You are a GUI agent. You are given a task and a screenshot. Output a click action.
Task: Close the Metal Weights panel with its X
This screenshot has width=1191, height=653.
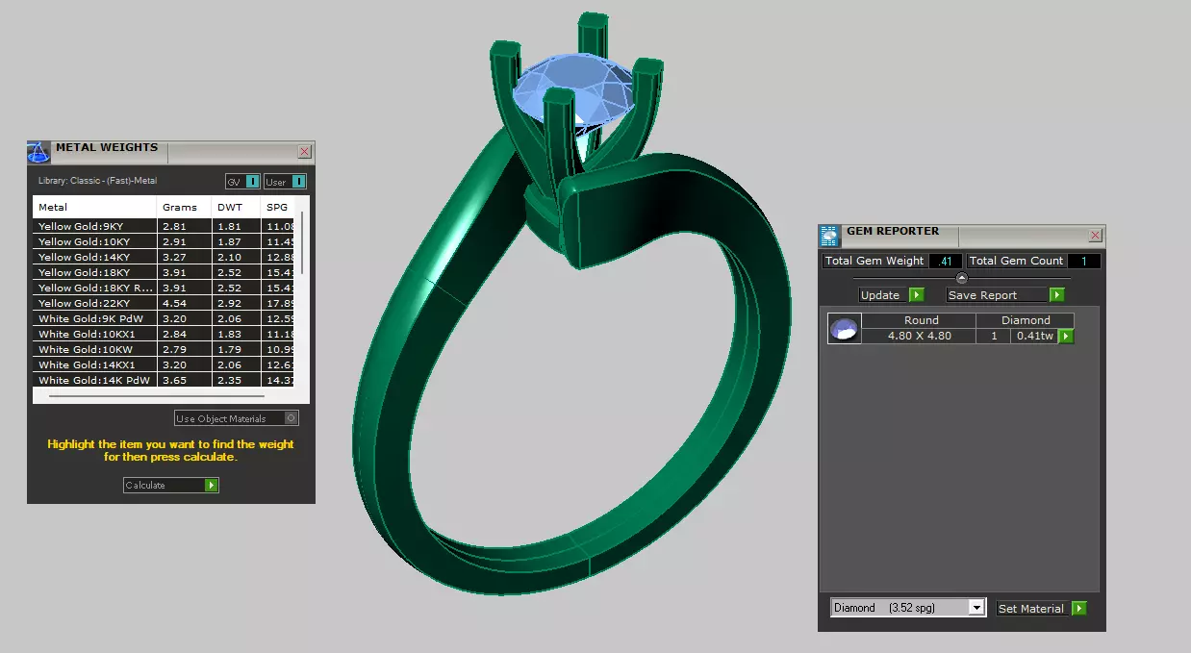(x=304, y=151)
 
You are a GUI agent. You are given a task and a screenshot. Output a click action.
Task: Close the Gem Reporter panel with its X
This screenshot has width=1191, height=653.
(x=1095, y=236)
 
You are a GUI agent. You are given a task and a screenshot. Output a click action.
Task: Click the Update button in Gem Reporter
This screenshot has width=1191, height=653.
(x=891, y=295)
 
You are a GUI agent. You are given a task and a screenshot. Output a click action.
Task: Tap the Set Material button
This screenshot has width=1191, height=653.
(x=1041, y=608)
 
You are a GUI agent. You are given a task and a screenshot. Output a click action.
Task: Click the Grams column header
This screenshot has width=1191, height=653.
(x=180, y=207)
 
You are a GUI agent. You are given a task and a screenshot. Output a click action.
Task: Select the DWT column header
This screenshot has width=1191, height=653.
(x=230, y=207)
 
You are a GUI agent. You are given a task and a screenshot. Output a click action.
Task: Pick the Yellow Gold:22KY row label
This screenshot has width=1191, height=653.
(x=85, y=303)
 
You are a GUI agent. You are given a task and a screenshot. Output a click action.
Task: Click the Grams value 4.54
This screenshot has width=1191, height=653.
(x=174, y=303)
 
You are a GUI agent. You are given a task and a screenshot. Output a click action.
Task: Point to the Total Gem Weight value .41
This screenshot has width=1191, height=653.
(x=945, y=261)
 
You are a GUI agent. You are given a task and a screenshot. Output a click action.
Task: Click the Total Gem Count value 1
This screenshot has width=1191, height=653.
(x=1083, y=261)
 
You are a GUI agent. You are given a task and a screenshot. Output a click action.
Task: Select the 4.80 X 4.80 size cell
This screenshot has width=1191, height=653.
(x=919, y=336)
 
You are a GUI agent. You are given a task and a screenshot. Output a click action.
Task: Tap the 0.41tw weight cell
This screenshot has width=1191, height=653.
(x=1034, y=336)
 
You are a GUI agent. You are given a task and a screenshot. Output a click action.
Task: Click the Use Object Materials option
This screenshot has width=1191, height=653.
(x=237, y=418)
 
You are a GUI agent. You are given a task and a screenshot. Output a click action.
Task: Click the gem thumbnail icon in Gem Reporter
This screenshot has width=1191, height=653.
(x=844, y=329)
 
